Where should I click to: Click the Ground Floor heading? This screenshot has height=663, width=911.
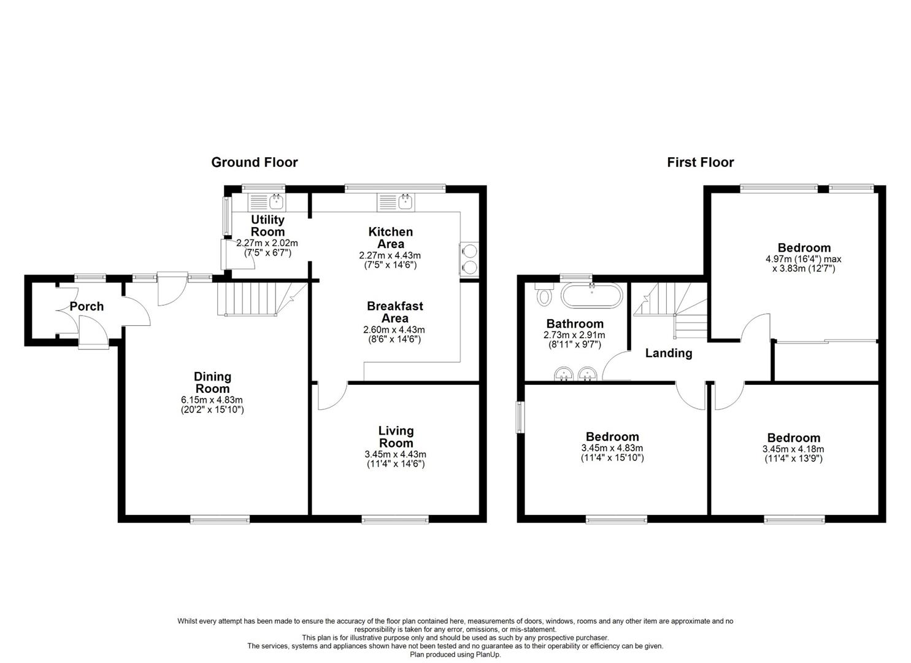[254, 162]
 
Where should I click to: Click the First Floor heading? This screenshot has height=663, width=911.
[700, 162]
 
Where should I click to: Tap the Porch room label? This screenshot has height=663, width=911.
[86, 306]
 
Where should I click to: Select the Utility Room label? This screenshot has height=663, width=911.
[267, 225]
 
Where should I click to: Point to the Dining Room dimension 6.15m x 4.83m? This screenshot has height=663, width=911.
[212, 400]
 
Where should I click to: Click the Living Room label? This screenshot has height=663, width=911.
[396, 436]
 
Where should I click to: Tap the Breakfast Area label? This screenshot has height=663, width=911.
[394, 312]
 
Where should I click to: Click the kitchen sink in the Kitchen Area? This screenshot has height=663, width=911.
[396, 201]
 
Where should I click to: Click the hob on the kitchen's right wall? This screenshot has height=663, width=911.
[469, 258]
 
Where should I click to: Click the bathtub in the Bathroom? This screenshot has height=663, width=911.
[592, 295]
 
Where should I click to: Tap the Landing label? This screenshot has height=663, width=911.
[668, 353]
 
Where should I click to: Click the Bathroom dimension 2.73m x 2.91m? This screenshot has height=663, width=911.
[574, 335]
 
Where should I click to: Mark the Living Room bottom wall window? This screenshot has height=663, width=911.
[395, 519]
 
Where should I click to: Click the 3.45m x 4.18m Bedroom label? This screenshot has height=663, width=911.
[793, 438]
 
